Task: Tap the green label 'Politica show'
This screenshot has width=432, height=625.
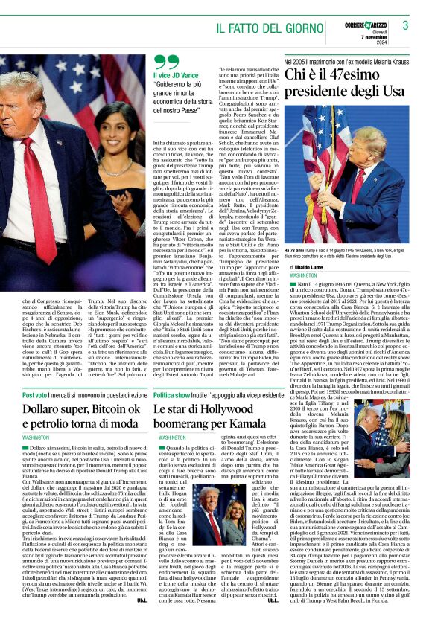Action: coord(175,396)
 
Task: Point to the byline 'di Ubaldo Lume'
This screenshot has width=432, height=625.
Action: coord(307,266)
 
